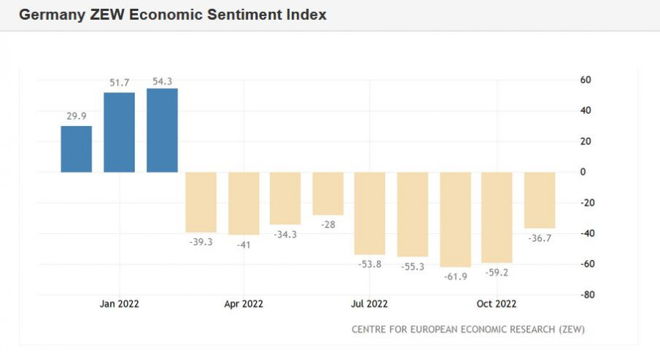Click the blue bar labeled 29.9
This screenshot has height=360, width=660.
(76, 149)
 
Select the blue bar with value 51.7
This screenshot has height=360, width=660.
(120, 132)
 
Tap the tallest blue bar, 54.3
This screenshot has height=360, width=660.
(162, 130)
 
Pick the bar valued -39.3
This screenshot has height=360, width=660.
(201, 202)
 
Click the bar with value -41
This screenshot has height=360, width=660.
(243, 203)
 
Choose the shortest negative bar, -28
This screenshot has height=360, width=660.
(328, 194)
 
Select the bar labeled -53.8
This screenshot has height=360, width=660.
(370, 213)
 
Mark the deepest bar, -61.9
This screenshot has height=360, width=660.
(455, 219)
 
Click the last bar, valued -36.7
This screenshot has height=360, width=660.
(540, 200)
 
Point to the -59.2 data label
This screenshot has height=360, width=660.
(497, 272)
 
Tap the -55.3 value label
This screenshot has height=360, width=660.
(413, 266)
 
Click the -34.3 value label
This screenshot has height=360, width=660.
(285, 234)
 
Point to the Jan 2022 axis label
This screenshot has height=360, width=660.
(120, 304)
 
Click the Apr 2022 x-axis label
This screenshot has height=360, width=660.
(243, 304)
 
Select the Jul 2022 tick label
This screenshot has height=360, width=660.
(369, 304)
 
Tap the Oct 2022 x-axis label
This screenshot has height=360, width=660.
(496, 304)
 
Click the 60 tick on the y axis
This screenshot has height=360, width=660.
(586, 79)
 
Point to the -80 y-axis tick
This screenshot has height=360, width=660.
(584, 295)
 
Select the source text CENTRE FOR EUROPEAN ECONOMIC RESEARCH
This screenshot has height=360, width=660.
(455, 328)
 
